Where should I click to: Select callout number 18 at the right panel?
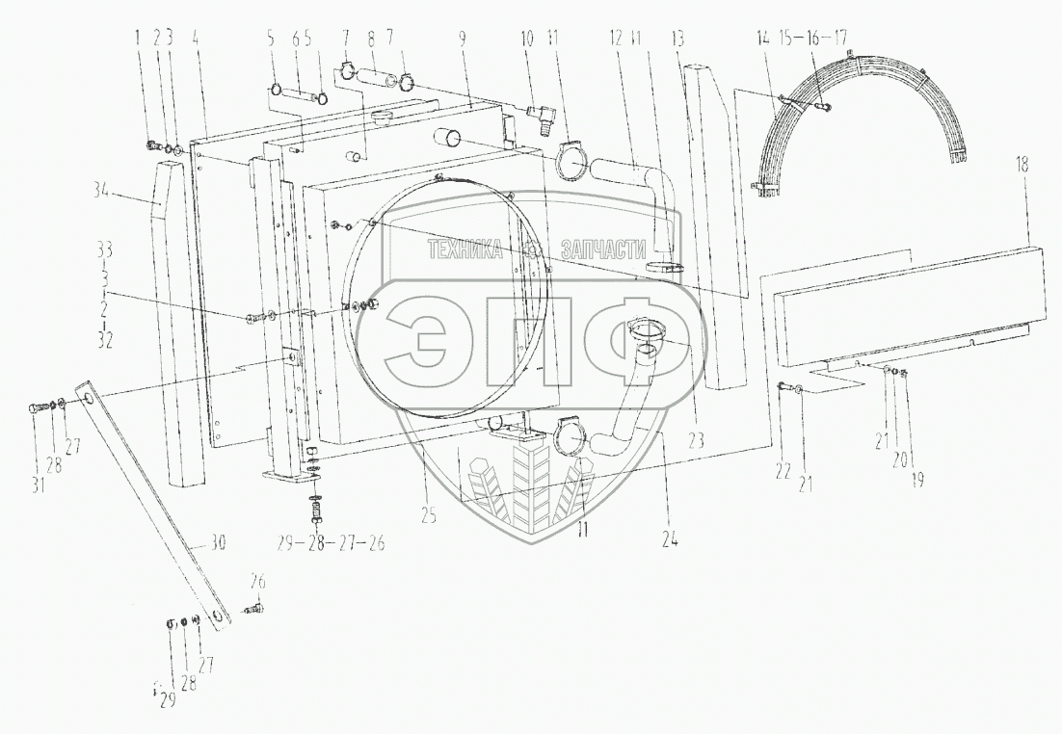tap(1022, 166)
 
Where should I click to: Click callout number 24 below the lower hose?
tap(670, 539)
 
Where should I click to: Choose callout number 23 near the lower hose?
tap(697, 438)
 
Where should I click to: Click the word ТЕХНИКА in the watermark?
tap(465, 250)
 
